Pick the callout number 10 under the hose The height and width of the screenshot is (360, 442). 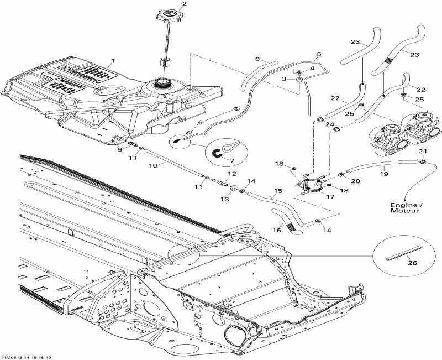152,165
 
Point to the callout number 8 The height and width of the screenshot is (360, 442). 257,58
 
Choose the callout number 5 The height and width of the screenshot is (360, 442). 318,55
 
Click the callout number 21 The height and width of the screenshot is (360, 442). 423,152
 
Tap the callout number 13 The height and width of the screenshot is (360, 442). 224,199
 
